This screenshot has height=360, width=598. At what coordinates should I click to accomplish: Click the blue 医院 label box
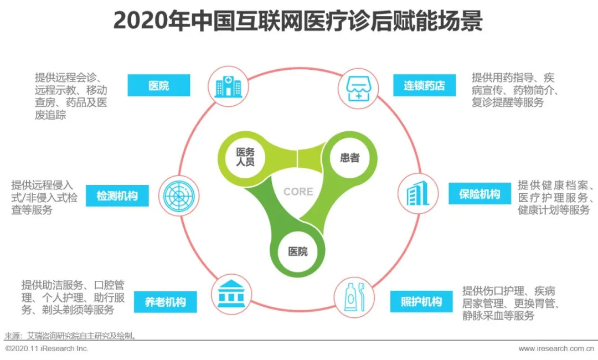(159, 86)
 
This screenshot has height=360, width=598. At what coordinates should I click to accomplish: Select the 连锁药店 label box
(424, 86)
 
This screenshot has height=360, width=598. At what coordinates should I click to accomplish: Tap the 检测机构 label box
(117, 196)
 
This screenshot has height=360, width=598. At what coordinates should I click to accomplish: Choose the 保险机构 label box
(480, 194)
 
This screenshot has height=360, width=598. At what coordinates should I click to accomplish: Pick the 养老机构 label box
(165, 302)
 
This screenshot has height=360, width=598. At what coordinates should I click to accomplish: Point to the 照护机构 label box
(421, 302)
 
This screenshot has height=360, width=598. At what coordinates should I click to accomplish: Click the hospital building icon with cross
(228, 86)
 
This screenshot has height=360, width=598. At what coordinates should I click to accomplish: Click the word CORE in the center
(298, 192)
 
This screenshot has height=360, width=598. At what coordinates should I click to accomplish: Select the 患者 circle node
(349, 158)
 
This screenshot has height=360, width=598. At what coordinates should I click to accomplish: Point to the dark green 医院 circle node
(297, 250)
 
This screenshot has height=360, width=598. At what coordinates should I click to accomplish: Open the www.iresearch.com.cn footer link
(555, 349)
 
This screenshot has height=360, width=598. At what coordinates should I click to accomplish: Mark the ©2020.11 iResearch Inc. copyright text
(47, 349)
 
